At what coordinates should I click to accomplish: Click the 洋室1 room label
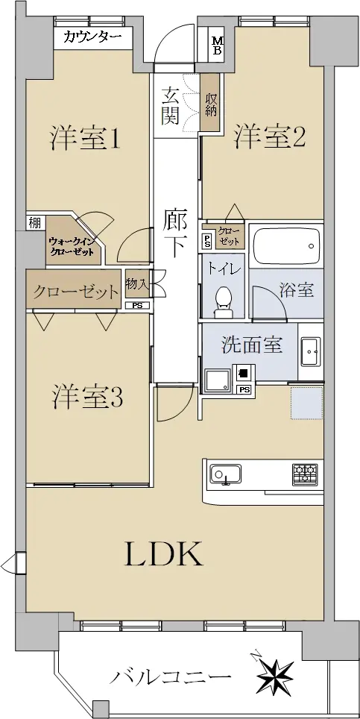click(85, 137)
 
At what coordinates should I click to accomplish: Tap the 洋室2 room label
click(271, 137)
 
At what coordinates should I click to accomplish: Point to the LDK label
click(164, 554)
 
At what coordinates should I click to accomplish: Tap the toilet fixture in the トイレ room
click(224, 302)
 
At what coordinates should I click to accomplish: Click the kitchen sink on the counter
click(226, 474)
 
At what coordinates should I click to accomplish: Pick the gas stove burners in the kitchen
click(305, 474)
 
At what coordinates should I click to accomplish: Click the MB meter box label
click(218, 45)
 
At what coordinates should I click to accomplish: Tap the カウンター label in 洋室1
click(92, 37)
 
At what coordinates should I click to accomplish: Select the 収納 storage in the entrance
click(211, 104)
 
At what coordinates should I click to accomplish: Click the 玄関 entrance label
click(169, 106)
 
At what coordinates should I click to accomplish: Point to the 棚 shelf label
click(35, 223)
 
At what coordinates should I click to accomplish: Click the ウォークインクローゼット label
click(71, 245)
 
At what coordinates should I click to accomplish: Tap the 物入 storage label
click(137, 285)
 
